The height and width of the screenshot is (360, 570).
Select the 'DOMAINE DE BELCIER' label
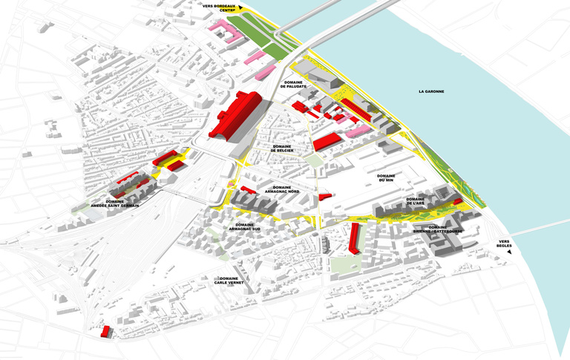tap(283, 148)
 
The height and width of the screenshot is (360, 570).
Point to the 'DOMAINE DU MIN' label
tap(385, 177)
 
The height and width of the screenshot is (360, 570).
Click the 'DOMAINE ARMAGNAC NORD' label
tap(286, 189)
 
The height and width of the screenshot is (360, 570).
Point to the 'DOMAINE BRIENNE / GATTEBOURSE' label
tap(438, 229)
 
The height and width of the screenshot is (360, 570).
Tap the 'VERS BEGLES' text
tap(505, 244)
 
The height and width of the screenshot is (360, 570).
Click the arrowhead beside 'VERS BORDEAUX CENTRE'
tap(241, 6)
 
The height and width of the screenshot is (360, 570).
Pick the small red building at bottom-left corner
tap(105, 331)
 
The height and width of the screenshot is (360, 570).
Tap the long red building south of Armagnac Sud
tap(355, 238)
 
